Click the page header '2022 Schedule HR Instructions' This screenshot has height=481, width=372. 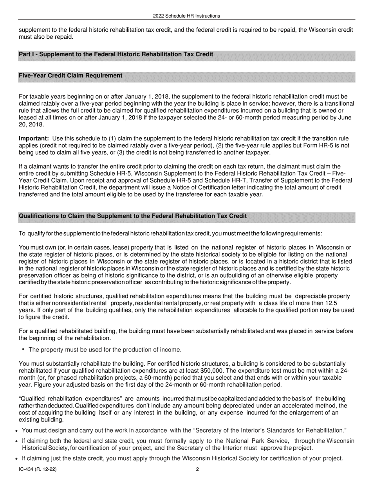pos(186,16)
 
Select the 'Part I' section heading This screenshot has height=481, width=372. pos(116,54)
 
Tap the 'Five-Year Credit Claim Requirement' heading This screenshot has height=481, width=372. pos(70,75)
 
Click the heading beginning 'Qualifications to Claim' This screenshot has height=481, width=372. pos(133,216)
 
